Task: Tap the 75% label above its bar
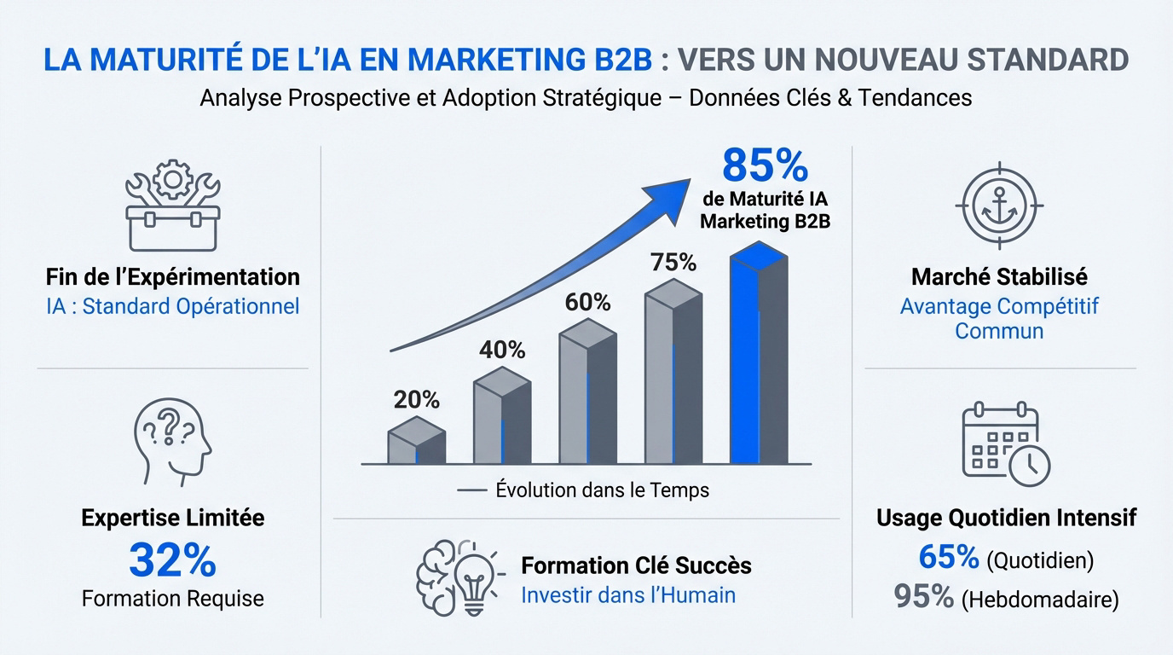point(673,263)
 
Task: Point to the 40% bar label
point(502,350)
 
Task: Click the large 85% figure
point(765,166)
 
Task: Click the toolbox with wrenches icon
point(173,203)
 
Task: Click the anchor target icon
point(999,205)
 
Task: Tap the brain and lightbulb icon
point(455,576)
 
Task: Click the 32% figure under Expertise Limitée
point(173,559)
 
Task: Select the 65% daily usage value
point(949,558)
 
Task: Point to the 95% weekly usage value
point(924,596)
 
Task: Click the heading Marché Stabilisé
point(999,277)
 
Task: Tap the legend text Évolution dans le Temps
point(602,490)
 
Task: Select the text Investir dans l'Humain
point(628,594)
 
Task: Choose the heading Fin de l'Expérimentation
point(173,277)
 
